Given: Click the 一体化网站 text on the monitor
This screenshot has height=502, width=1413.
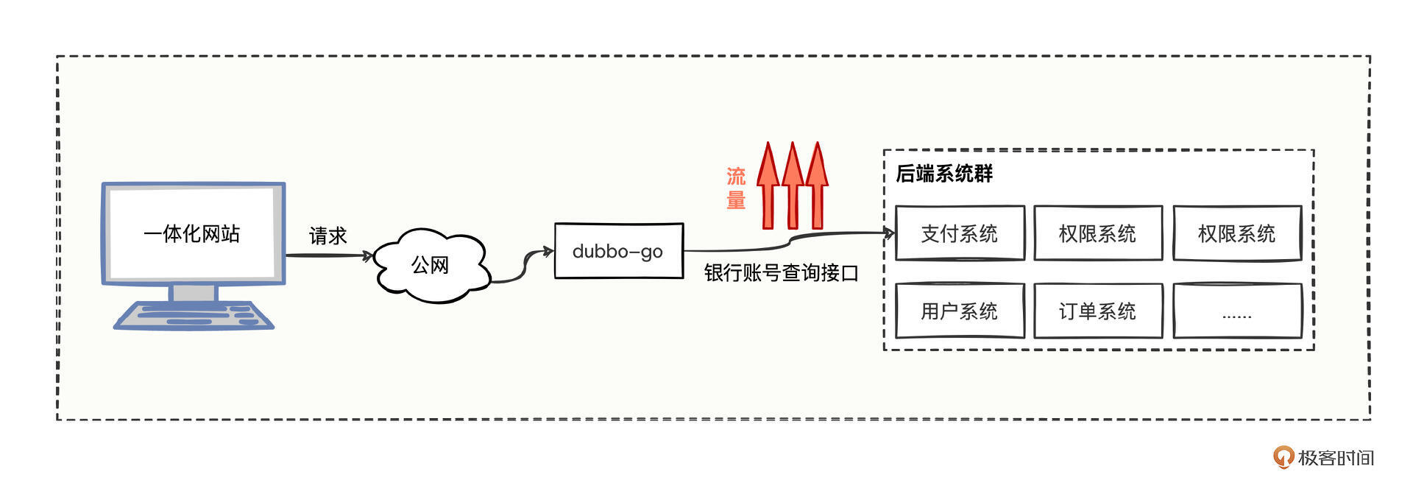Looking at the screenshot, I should pyautogui.click(x=192, y=233).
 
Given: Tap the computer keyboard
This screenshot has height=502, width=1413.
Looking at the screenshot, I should pyautogui.click(x=194, y=315).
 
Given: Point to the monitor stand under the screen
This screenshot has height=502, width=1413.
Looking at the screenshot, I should pyautogui.click(x=193, y=292).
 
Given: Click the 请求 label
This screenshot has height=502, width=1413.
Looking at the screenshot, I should pyautogui.click(x=327, y=236).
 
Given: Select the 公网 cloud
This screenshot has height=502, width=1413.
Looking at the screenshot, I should pyautogui.click(x=431, y=265).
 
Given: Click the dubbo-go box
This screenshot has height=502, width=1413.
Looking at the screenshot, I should pyautogui.click(x=618, y=251).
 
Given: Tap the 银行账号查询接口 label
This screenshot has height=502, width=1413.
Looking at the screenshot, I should pyautogui.click(x=781, y=273).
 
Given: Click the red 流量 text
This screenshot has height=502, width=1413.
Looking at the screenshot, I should pyautogui.click(x=736, y=188).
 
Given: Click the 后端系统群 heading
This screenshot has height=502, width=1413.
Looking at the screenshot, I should pyautogui.click(x=944, y=174).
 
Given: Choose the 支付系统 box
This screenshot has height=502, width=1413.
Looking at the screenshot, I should pyautogui.click(x=959, y=233).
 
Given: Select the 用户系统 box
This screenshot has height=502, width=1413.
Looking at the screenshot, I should pyautogui.click(x=959, y=311).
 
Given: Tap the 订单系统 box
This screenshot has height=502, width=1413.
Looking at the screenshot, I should pyautogui.click(x=1097, y=311).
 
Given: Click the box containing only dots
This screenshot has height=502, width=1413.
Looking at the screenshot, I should pyautogui.click(x=1236, y=311).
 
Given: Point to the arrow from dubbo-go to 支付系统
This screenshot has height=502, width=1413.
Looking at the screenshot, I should pyautogui.click(x=787, y=242).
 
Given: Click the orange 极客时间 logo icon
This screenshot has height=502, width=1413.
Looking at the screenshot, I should pyautogui.click(x=1283, y=457).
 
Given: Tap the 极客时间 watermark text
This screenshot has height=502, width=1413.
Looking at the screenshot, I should pyautogui.click(x=1336, y=458).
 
